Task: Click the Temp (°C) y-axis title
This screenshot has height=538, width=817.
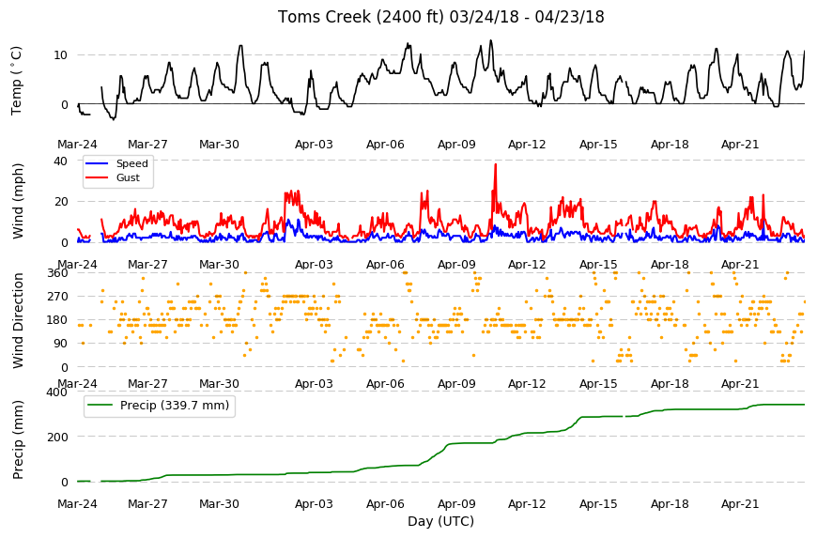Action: [17, 80]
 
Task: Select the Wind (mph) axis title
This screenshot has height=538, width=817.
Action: [18, 201]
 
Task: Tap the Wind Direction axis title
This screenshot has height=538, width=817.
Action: [18, 320]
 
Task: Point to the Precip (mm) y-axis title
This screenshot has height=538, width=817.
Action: [18, 439]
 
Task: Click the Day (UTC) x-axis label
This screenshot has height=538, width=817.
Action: [440, 521]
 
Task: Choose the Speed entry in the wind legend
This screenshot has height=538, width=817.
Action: [116, 163]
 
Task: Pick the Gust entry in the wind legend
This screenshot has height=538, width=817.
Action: [113, 177]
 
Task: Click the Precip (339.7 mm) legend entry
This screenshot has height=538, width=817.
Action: [159, 406]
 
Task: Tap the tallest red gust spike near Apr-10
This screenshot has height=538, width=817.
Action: [496, 164]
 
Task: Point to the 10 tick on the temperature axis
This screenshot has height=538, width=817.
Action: [60, 55]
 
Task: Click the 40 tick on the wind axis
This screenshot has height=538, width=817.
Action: [60, 161]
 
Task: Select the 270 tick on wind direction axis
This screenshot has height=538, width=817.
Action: [57, 297]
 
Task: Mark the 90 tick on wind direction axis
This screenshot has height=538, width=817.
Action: [61, 344]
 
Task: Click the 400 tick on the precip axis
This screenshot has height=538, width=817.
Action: [57, 392]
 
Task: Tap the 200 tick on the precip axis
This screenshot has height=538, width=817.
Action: [57, 437]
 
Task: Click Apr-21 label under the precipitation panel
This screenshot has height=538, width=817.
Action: [740, 504]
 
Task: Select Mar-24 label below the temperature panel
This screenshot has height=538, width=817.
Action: [77, 145]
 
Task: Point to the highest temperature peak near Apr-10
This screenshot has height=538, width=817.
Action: [491, 40]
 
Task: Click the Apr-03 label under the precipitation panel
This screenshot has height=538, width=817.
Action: [314, 504]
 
